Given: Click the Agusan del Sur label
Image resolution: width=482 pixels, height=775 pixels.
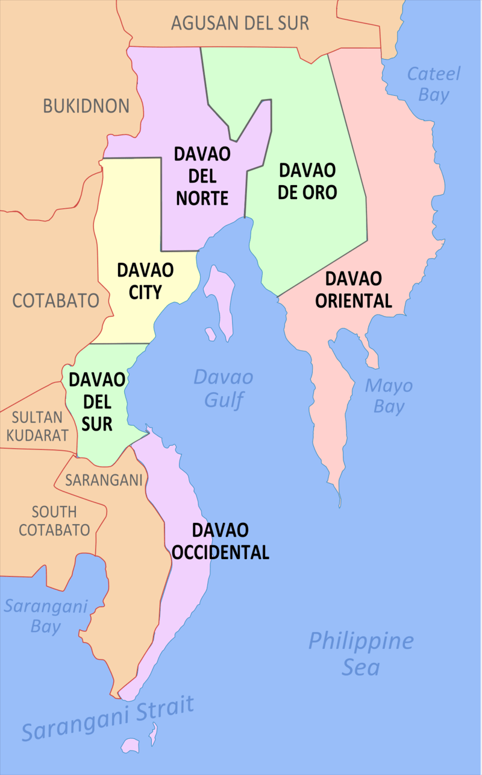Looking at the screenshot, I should tap(240, 24).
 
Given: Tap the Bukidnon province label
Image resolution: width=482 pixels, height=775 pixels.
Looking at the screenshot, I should tap(86, 106).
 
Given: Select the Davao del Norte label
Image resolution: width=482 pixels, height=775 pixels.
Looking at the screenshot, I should tap(202, 176).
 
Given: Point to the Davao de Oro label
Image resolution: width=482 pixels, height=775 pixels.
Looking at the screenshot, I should tap(308, 181).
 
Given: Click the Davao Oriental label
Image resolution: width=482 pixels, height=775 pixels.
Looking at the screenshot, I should tap(354, 289).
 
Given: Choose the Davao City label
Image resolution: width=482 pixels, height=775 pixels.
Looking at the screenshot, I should tap(145, 280).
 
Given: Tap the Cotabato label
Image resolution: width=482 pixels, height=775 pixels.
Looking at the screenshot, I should tap(55, 300).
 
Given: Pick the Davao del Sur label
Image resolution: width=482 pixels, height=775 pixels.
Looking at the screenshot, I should tap(97, 402).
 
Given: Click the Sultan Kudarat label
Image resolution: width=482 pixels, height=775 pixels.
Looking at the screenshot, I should tap(37, 426).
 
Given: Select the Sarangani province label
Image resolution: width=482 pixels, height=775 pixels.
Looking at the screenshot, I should tap(104, 480).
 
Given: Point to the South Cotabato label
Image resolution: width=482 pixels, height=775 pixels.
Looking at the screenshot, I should tap(54, 521).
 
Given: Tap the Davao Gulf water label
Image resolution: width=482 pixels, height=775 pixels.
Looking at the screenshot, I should tap(223, 388).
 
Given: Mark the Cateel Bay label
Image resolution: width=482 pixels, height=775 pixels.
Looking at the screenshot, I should tap(434, 84).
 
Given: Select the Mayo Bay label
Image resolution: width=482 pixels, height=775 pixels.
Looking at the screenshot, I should tap(389, 396).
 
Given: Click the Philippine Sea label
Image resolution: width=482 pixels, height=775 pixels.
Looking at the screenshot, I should tap(361, 653).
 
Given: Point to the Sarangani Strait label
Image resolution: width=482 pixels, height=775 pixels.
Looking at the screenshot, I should tap(108, 718).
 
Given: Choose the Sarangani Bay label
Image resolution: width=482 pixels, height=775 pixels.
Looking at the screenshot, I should tap(46, 616).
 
